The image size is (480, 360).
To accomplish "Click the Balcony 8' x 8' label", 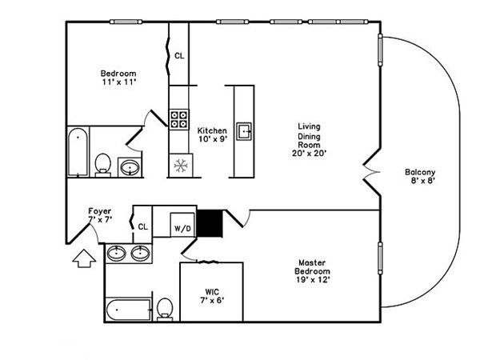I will pos(420,177).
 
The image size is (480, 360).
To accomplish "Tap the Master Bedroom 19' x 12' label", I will pos(310,271).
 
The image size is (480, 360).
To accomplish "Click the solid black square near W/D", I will pos(208,223).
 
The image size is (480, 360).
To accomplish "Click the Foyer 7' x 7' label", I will pos(100,215).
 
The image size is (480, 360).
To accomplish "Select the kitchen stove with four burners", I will pos(178,120).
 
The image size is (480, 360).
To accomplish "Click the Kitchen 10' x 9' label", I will pos(212,135).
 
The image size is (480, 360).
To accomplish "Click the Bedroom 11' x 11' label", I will pos(118,78).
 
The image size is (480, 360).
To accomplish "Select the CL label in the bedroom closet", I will pos(179,56).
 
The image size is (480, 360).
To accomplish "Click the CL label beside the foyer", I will pos(142,226).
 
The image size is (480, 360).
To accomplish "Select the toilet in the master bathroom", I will pos(165,309).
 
